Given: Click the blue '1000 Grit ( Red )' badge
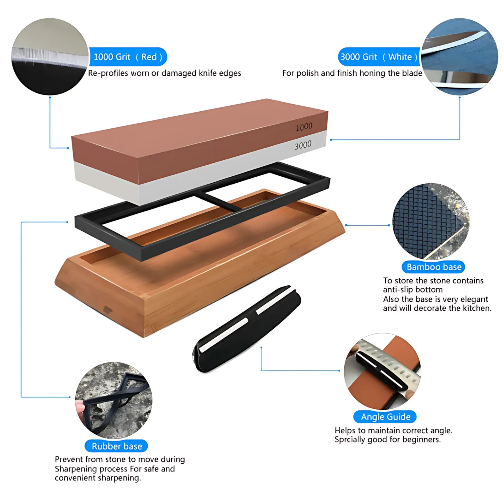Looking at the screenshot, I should [x=128, y=57].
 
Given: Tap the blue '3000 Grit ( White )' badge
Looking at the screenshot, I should [x=378, y=57].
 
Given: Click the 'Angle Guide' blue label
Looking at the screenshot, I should [x=385, y=417].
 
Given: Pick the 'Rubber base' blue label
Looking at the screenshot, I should [x=117, y=446].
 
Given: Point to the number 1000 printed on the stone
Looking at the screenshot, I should [x=304, y=127].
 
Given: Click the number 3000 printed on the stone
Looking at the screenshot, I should [x=303, y=145].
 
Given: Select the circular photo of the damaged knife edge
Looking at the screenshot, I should [x=49, y=57].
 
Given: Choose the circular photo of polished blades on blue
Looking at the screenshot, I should [x=459, y=57].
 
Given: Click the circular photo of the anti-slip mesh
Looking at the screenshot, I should [x=430, y=221].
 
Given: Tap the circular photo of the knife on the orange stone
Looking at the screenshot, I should [x=382, y=371].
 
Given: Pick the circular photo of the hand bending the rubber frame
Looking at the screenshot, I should [x=114, y=400].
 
